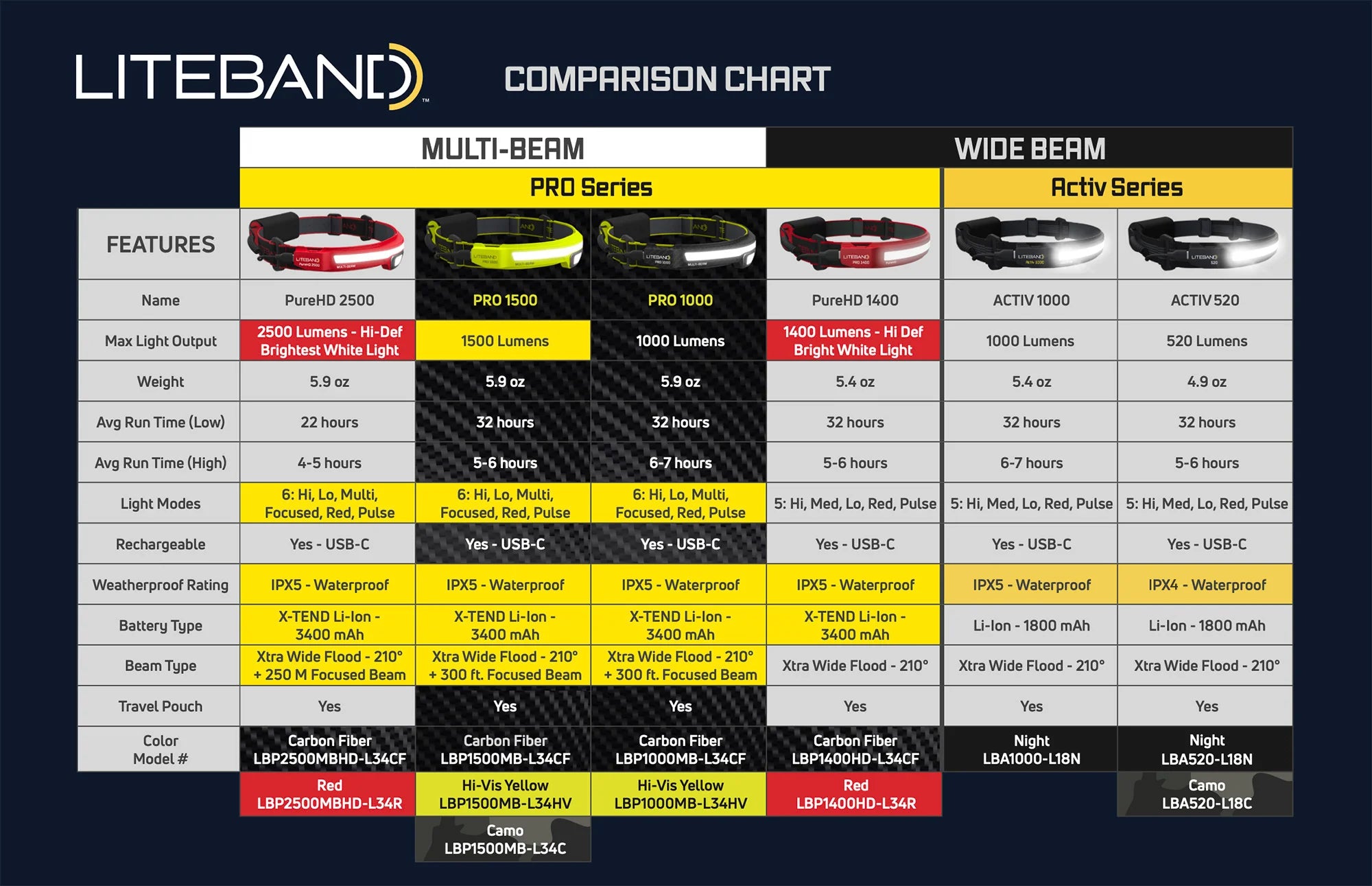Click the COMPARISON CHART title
[667, 79]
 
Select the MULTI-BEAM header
[503, 148]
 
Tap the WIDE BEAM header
[1029, 148]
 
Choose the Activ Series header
[1117, 187]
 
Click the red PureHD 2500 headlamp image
[327, 243]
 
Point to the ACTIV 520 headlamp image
[1205, 243]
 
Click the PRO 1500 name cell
[504, 300]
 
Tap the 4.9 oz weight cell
[1206, 382]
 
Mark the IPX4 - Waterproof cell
[1206, 585]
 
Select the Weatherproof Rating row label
[160, 585]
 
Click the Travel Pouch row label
[160, 706]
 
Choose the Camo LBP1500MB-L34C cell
[504, 839]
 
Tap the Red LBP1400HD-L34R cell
[855, 794]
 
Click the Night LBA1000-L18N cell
[1031, 749]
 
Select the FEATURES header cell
[160, 244]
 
